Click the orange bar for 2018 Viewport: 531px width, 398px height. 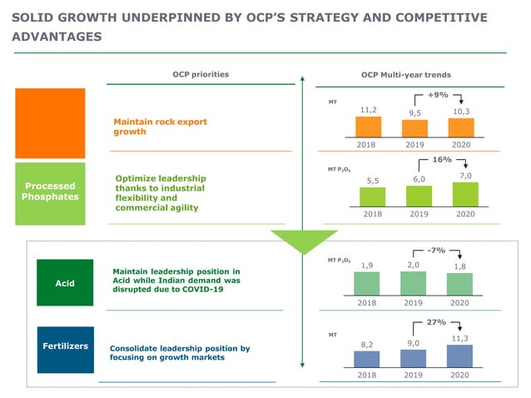tap(368, 126)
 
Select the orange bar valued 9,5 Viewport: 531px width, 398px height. tap(414, 127)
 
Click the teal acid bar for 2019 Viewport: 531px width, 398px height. tap(414, 283)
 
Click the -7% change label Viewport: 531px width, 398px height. tap(437, 249)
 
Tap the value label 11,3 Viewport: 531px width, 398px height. tap(460, 338)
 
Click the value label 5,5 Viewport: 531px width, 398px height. tap(373, 181)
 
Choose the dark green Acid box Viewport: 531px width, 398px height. tap(65, 283)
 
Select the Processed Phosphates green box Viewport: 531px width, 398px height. tap(50, 192)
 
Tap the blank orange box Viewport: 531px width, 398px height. tap(50, 123)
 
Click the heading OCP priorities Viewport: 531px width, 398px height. tap(201, 74)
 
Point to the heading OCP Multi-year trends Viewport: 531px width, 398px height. tap(406, 74)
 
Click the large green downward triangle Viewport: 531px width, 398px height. tap(304, 241)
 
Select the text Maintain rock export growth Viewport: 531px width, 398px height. tap(160, 127)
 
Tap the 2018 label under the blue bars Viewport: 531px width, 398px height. tap(367, 375)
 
